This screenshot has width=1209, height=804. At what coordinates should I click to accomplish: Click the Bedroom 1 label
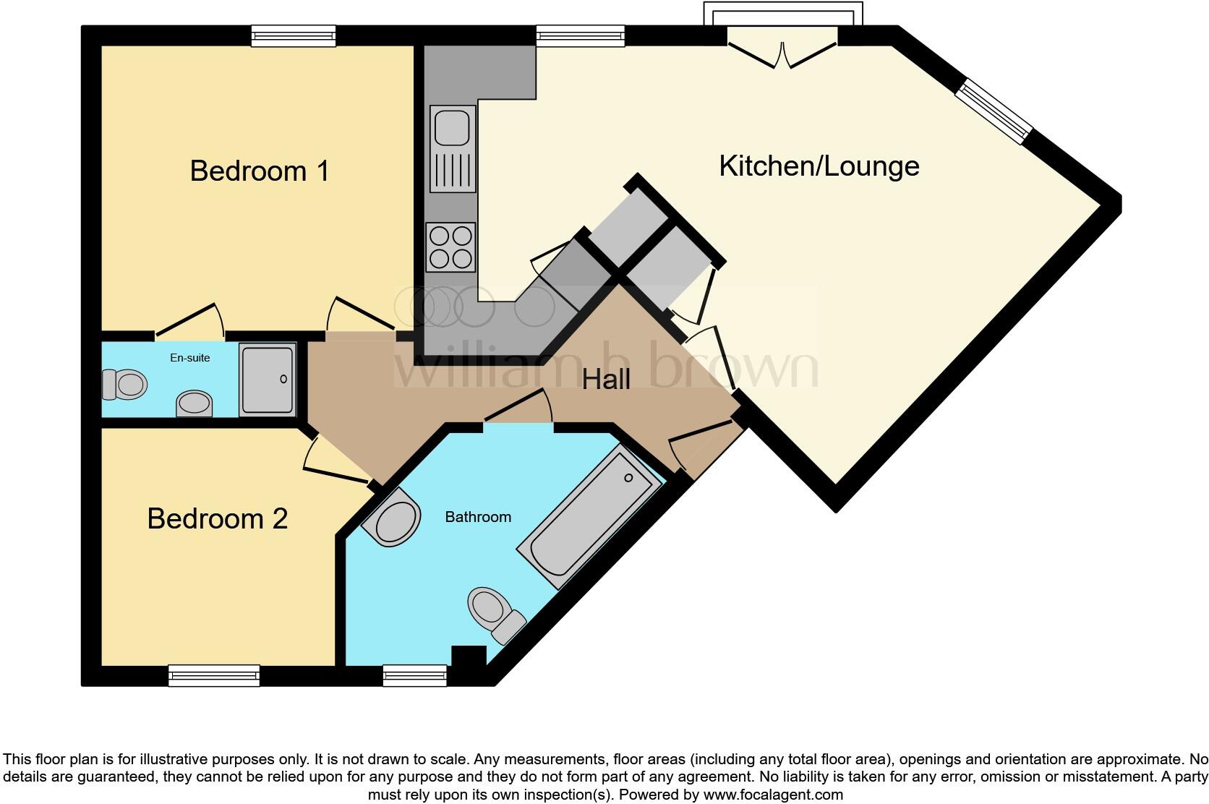pyautogui.click(x=259, y=171)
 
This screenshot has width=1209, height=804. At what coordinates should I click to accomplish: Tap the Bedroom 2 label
pyautogui.click(x=217, y=518)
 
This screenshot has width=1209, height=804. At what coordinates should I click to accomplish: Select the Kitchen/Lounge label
pyautogui.click(x=819, y=166)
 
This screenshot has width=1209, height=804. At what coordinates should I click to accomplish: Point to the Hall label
pyautogui.click(x=606, y=380)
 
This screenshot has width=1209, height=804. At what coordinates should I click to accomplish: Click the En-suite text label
pyautogui.click(x=189, y=358)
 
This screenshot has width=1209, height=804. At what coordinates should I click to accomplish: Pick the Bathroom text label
pyautogui.click(x=477, y=517)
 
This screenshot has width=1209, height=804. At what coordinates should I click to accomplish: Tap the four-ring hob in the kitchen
pyautogui.click(x=450, y=247)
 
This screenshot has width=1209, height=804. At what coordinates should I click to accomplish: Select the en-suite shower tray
pyautogui.click(x=267, y=380)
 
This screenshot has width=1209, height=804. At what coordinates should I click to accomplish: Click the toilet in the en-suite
pyautogui.click(x=124, y=384)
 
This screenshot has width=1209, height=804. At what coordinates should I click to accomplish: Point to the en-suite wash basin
pyautogui.click(x=195, y=403)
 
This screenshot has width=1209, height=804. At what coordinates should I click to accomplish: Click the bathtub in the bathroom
pyautogui.click(x=589, y=517)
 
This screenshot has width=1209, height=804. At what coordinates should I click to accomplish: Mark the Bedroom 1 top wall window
pyautogui.click(x=293, y=35)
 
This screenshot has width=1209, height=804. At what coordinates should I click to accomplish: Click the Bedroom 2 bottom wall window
pyautogui.click(x=213, y=675)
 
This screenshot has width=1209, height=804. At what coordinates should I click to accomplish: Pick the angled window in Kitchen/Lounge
pyautogui.click(x=994, y=112)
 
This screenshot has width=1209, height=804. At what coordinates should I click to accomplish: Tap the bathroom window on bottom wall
pyautogui.click(x=414, y=675)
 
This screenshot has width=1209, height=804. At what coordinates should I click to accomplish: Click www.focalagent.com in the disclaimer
pyautogui.click(x=772, y=795)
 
